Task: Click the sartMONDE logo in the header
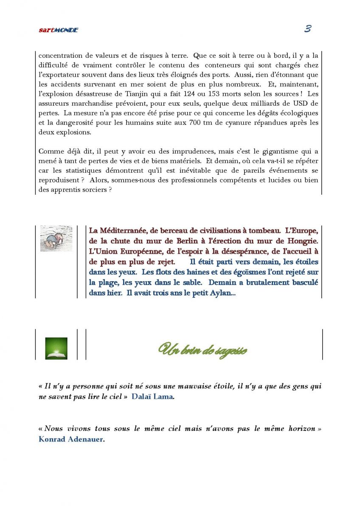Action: [58, 30]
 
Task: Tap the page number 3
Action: [308, 29]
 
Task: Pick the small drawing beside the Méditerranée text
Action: [56, 238]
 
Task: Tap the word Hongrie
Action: [302, 241]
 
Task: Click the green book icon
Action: [56, 348]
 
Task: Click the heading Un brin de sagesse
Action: [203, 350]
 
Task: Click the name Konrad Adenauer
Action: [70, 439]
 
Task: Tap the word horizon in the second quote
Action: [299, 429]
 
